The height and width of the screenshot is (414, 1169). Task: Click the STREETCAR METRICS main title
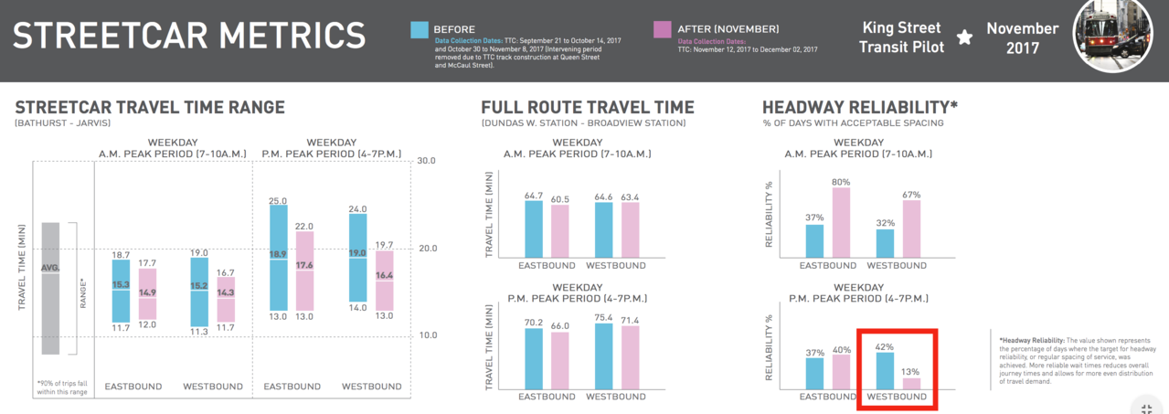pos(189,36)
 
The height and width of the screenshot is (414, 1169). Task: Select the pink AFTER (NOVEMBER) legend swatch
pos(663,29)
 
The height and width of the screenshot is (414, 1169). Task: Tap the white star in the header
pos(964,37)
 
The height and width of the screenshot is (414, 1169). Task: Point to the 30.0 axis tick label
pos(428,161)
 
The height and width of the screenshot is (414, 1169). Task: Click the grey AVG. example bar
pos(50,288)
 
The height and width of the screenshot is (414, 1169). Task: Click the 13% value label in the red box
pos(910,371)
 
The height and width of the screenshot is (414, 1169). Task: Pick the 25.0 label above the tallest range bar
pos(278,201)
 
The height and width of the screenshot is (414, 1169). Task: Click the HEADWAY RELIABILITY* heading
pos(859,107)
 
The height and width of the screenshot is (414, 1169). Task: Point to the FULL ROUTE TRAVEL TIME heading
pos(587,107)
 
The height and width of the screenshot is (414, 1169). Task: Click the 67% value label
pos(910,195)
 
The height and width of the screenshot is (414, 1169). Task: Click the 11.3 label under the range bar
pos(199,332)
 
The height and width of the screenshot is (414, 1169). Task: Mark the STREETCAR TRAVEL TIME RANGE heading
pos(150,107)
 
